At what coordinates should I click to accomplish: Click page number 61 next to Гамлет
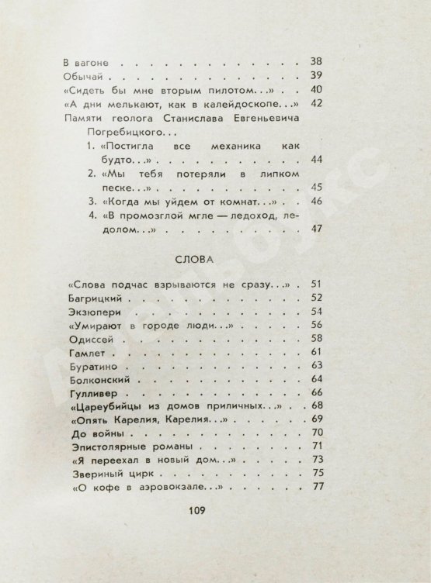click(317, 353)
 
